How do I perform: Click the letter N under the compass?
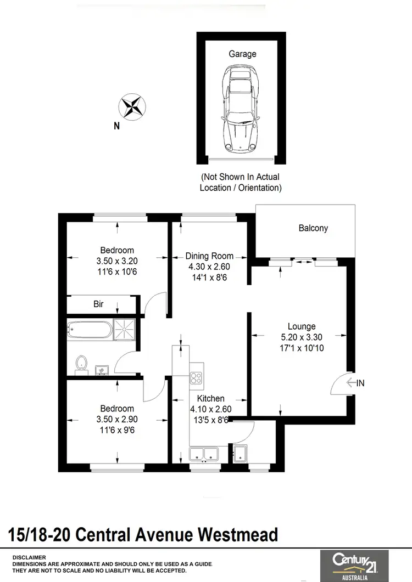(x=116, y=126)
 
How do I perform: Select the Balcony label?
(x=313, y=228)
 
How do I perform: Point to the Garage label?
(x=242, y=54)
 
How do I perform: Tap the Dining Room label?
(x=209, y=256)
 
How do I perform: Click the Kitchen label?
(x=210, y=398)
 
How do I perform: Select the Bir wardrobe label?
(x=98, y=303)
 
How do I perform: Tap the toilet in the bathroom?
(x=82, y=363)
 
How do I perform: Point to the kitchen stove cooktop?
(x=197, y=377)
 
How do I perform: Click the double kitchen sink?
(x=204, y=453)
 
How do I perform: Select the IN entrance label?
(x=360, y=383)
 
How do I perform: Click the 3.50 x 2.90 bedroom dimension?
(x=117, y=419)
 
